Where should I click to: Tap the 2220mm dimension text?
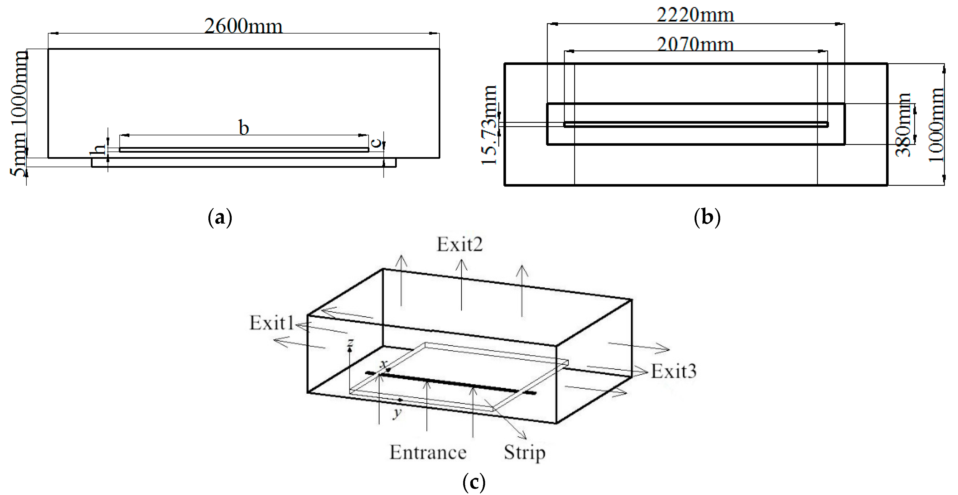point(695,15)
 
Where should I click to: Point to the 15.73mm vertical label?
point(489,125)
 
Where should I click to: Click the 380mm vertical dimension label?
point(903,125)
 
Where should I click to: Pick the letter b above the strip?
point(244,128)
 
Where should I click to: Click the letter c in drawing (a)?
point(376,142)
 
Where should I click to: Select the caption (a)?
point(220,217)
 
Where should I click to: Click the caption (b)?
point(707,217)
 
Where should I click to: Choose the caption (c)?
point(474,482)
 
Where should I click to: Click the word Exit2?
point(460,244)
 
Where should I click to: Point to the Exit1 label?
point(271,323)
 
